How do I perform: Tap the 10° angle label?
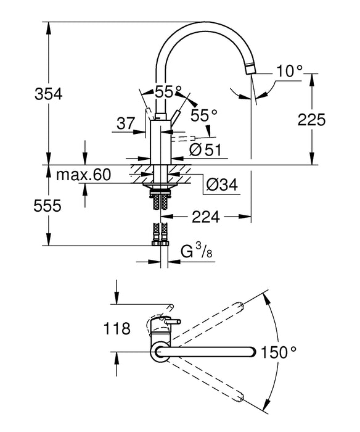289,72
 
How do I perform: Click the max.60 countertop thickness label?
83,175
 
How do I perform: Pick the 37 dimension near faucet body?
125,123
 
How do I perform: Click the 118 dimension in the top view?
117,328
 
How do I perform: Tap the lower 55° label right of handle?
204,115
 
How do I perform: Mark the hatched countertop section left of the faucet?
138,172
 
